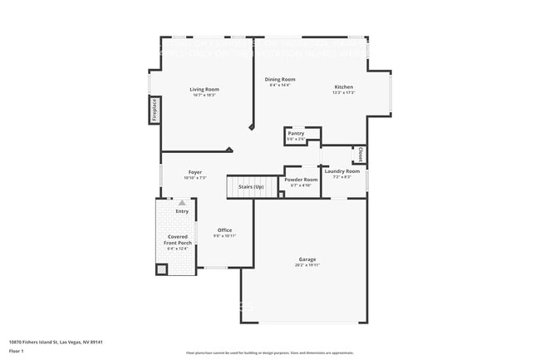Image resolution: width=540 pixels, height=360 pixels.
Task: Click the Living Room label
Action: tap(204, 89)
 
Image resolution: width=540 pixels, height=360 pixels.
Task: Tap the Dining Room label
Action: tap(280, 80)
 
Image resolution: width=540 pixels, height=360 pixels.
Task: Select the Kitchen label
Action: tap(344, 87)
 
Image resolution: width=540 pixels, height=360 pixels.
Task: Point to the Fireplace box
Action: tap(155, 111)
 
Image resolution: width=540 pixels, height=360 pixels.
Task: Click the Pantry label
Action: tap(296, 133)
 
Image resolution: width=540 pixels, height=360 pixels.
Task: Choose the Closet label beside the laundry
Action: tap(361, 155)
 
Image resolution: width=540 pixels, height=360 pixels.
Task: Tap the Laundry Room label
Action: tap(342, 171)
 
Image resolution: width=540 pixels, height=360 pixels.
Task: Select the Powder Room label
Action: tap(301, 180)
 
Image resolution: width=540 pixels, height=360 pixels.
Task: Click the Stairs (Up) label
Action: tap(251, 187)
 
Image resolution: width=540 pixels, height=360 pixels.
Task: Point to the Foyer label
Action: tap(194, 172)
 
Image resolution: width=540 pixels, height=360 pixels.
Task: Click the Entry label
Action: tap(182, 211)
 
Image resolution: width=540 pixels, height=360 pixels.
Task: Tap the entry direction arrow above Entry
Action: tap(182, 202)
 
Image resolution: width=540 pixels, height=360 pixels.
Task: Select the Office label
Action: tap(224, 230)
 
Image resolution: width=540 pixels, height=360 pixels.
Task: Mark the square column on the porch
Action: tap(162, 269)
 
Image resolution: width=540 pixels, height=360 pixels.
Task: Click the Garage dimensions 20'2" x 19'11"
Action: tap(307, 265)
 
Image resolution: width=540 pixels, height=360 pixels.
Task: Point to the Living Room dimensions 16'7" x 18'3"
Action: tap(204, 96)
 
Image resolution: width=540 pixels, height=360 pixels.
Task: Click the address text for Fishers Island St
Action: tap(56, 342)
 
